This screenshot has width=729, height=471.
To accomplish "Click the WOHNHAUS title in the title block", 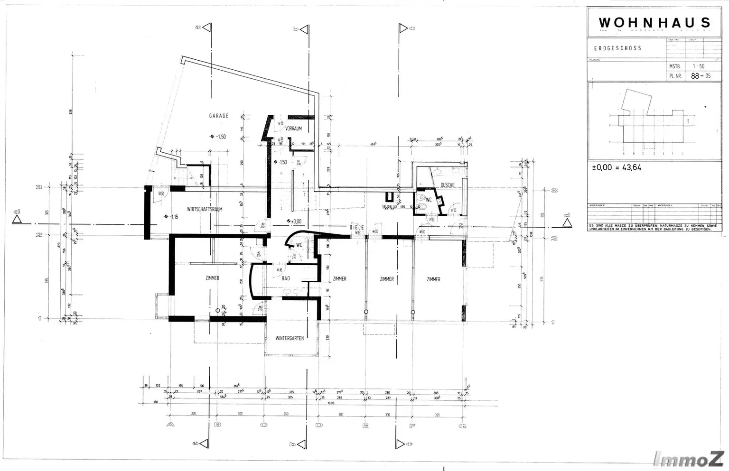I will tap(654, 22).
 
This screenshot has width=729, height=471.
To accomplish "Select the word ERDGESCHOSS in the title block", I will tap(617, 48).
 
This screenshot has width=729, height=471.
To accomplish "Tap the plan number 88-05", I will tap(701, 76).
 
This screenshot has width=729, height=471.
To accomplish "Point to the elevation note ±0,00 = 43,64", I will tap(617, 167).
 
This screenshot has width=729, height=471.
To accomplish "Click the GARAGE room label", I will tap(219, 116).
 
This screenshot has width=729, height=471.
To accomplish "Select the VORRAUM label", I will tap(293, 129).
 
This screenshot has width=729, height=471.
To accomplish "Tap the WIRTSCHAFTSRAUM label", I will tap(205, 209).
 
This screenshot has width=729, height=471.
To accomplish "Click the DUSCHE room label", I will tap(447, 185).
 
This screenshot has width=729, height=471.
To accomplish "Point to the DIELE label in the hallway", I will tap(357, 228).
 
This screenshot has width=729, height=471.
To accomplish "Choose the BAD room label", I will tap(286, 278).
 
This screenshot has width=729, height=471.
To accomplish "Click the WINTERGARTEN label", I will tap(290, 338).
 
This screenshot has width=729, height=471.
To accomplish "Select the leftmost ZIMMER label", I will tap(212, 278).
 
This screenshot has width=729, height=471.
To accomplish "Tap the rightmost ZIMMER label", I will tap(433, 279).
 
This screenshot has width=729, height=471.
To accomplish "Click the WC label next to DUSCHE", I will tap(428, 200).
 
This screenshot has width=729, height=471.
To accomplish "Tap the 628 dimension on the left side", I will tap(69, 112).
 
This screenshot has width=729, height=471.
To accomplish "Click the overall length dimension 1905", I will tap(330, 402).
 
